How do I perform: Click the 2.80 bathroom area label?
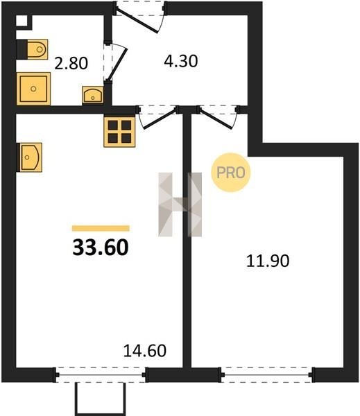71,64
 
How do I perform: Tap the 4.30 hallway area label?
181,61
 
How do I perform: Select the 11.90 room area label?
268,261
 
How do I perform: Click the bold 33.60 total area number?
101,248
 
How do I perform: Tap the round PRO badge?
231,173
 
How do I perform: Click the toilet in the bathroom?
32,49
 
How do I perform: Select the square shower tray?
33,89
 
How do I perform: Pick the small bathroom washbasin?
93,95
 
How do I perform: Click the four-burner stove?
119,132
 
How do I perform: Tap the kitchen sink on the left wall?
29,157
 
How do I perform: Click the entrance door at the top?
140,17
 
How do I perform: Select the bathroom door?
115,62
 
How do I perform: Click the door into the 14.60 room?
157,116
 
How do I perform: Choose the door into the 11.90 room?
218,116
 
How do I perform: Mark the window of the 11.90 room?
266,374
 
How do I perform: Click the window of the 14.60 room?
101,374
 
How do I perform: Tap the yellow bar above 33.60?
101,228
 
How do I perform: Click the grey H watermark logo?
180,205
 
